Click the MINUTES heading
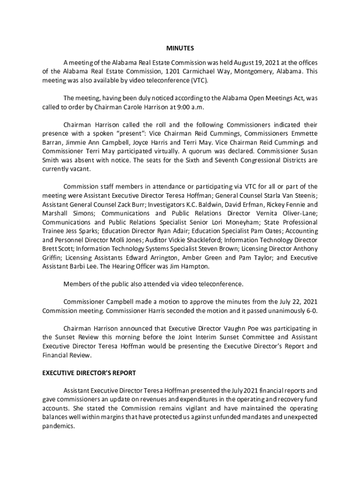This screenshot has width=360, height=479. click(180, 48)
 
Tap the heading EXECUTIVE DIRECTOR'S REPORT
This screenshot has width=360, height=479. click(89, 373)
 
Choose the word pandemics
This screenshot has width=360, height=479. click(58, 426)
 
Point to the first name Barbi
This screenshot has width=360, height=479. click(84, 267)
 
